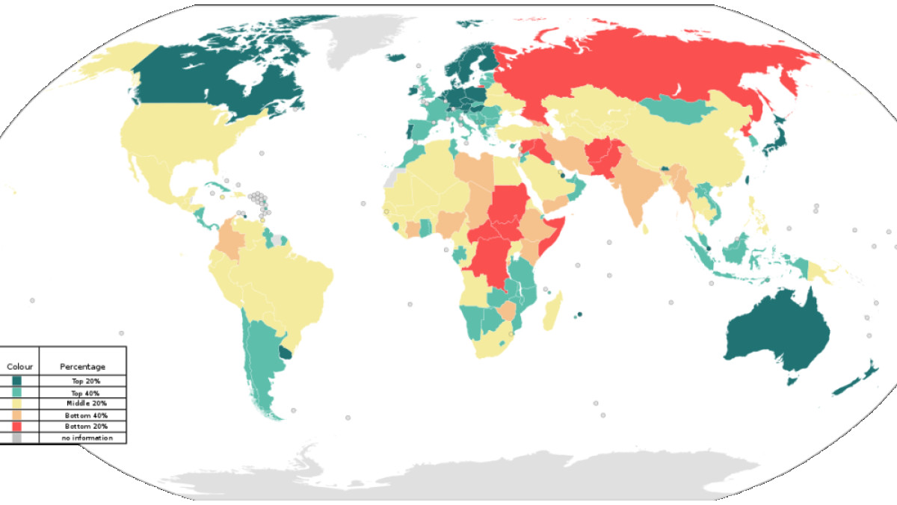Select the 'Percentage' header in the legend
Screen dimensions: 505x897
[x=82, y=367]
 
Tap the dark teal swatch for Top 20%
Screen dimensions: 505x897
[x=16, y=381]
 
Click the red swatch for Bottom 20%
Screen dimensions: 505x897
[x=16, y=426]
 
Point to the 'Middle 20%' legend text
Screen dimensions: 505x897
[x=86, y=403]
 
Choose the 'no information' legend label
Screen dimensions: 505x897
[x=87, y=438]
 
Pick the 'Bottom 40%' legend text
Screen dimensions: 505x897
[x=86, y=415]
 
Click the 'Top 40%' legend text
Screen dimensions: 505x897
[x=86, y=392]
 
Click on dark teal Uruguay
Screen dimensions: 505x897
[x=285, y=351]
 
